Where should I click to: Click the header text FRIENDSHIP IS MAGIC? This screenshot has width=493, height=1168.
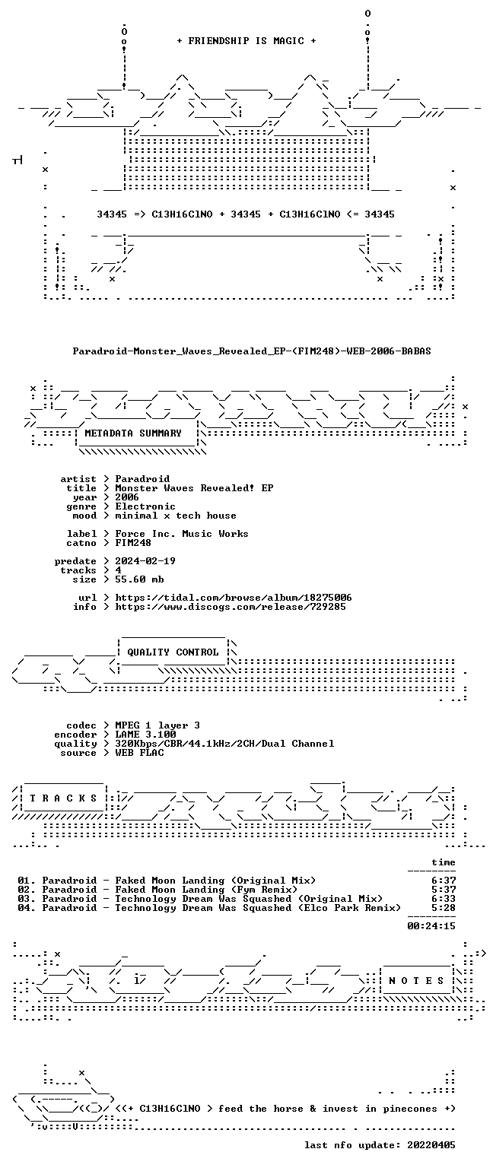247,40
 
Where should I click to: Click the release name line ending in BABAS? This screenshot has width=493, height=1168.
252,351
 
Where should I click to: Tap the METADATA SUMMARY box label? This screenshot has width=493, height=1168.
133,433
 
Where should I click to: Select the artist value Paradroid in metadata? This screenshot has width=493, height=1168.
142,478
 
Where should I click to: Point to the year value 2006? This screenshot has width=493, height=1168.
127,497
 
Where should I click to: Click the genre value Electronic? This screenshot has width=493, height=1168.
145,506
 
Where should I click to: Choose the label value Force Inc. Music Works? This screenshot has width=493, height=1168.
182,533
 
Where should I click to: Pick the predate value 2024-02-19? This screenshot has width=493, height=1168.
145,561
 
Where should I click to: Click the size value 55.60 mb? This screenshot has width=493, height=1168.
139,579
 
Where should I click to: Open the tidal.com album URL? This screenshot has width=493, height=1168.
234,598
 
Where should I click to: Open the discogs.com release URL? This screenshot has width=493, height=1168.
231,606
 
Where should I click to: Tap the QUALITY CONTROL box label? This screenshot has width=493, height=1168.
173,652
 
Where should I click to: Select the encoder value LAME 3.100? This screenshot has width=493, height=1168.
145,734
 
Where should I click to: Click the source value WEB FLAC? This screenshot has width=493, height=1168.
139,752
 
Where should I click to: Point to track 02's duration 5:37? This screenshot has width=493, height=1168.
444,890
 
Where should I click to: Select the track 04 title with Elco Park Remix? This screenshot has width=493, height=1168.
221,908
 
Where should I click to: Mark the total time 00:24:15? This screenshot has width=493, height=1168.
431,926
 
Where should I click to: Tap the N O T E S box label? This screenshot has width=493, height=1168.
416,981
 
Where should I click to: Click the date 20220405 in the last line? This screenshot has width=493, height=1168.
431,1145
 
